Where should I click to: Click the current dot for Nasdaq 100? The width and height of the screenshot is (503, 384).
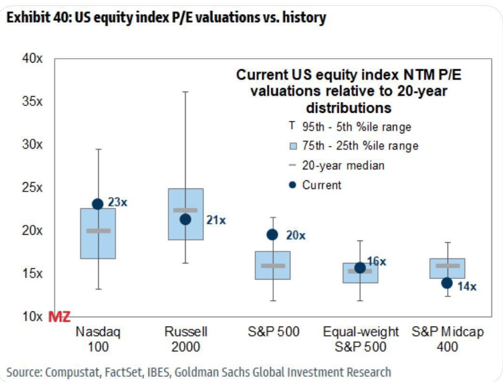tap(98, 204)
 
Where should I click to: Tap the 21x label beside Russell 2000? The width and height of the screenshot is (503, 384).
tap(216, 220)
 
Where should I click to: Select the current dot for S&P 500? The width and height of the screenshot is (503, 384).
tap(272, 234)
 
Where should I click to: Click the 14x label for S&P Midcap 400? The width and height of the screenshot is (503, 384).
tap(467, 287)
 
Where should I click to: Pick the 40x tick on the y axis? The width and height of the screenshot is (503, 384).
tap(32, 59)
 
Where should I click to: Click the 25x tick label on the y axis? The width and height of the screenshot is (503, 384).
tap(32, 188)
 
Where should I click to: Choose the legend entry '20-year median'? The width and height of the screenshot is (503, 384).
tap(343, 165)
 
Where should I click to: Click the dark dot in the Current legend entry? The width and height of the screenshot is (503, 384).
tap(292, 185)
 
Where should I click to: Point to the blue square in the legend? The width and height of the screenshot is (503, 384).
tap(293, 146)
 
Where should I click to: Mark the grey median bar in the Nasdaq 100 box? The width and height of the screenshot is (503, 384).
tap(98, 231)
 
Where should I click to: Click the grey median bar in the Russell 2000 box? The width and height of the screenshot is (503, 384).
tap(185, 210)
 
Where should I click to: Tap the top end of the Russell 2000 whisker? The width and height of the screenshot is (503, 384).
tap(185, 92)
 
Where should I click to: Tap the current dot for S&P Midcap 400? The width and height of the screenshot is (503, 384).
tap(447, 283)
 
